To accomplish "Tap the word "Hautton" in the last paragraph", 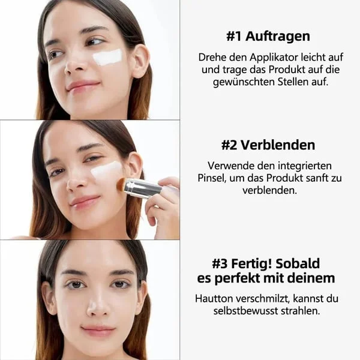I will tap(214, 298).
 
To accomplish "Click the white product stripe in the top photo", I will tap(107, 57).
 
